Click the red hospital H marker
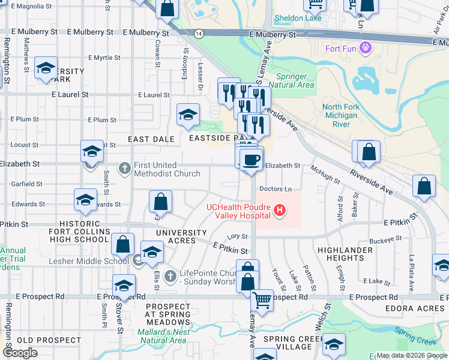coord(279,211)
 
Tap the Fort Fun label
coord(342,48)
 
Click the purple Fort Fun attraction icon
coord(364,48)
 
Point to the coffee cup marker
coord(250,160)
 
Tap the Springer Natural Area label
coord(295,80)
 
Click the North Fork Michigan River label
coord(344,115)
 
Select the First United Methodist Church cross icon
coord(124,167)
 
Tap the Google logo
coord(20,353)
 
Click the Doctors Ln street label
coord(276,189)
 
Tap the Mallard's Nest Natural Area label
coord(164,335)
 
